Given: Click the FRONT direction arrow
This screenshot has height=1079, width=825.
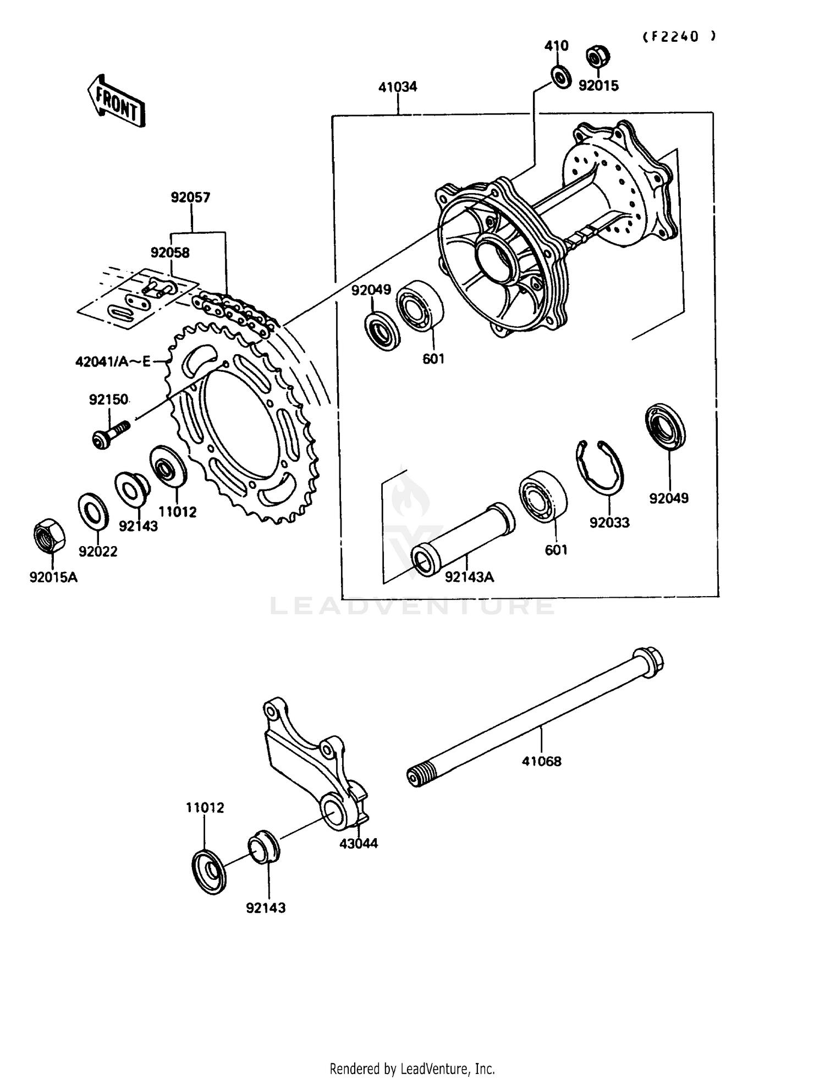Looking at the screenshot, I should click(x=116, y=101).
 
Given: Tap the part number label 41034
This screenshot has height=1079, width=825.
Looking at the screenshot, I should click(x=398, y=87).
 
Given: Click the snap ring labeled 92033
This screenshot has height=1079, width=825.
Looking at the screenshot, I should click(x=600, y=466).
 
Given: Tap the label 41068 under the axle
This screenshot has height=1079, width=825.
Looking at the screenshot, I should click(x=542, y=761).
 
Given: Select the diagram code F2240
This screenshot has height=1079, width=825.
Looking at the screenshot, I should click(x=680, y=36).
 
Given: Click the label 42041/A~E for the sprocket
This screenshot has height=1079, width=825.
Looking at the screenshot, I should click(x=113, y=361).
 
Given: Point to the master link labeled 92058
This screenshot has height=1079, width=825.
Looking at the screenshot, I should click(x=159, y=287).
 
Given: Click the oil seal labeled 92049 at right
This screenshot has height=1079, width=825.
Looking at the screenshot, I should click(x=665, y=426).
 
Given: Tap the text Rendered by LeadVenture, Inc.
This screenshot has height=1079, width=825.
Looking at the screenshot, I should click(x=412, y=1069).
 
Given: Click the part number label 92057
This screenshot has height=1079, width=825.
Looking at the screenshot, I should click(x=190, y=197).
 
